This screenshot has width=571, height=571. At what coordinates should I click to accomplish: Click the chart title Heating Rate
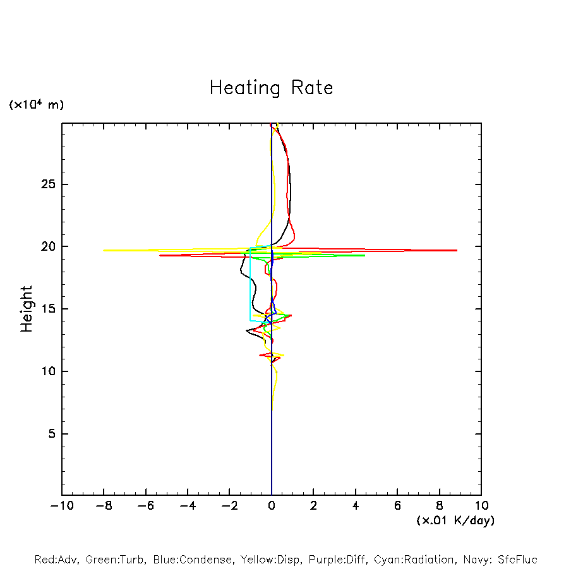tap(271, 88)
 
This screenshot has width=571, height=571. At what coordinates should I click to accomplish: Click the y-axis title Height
tap(27, 309)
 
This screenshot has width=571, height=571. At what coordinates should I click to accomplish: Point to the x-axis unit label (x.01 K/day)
tap(455, 520)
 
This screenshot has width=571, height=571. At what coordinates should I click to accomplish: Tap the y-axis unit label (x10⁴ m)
tap(36, 105)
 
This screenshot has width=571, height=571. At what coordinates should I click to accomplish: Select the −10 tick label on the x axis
tap(62, 505)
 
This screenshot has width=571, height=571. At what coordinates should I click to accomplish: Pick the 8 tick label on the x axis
tap(440, 505)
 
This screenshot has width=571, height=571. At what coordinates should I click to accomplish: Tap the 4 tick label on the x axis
tap(356, 505)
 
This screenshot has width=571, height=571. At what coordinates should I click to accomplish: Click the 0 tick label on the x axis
tap(272, 505)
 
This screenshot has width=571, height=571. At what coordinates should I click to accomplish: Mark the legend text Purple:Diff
tap(339, 560)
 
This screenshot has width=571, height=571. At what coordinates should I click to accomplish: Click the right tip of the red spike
tap(457, 251)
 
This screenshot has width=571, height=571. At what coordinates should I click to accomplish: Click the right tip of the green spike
tap(364, 255)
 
